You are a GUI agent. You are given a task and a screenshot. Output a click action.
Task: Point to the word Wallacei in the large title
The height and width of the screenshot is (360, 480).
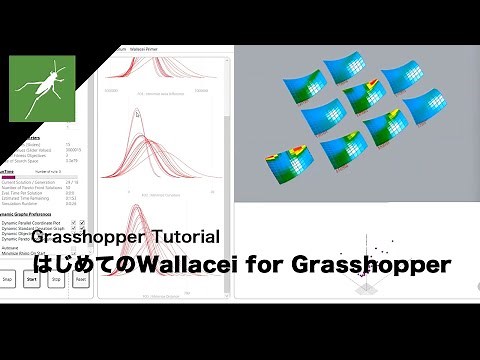click(x=196, y=265)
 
